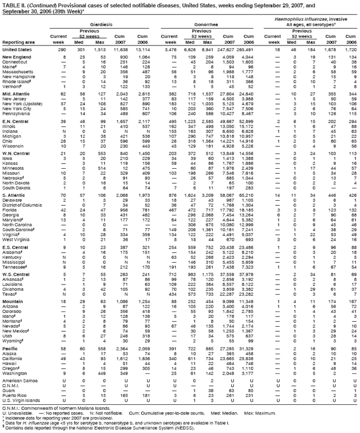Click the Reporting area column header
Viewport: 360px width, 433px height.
(16, 42)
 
